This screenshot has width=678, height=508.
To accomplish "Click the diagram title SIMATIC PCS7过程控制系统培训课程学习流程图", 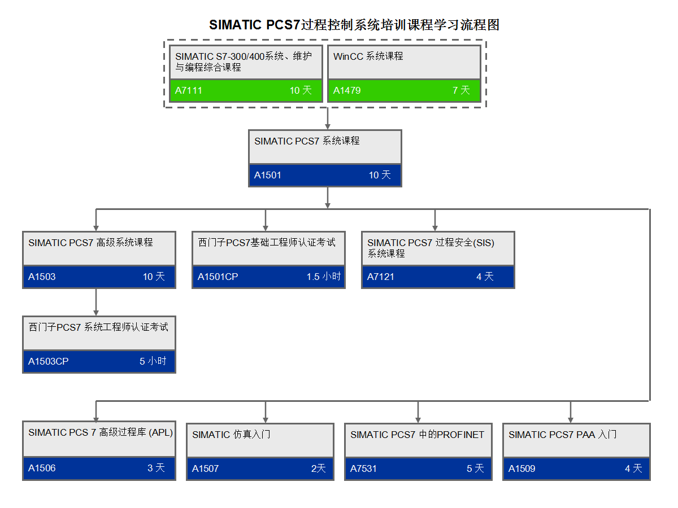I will click(x=354, y=25).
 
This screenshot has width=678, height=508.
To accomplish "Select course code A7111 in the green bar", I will click(x=189, y=90).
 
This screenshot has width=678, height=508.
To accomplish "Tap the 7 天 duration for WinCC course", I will click(x=461, y=90).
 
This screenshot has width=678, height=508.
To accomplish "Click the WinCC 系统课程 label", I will click(x=368, y=56).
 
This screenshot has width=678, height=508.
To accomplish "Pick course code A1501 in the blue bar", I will click(x=268, y=175).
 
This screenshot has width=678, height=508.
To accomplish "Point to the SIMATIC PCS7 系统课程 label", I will click(x=307, y=141).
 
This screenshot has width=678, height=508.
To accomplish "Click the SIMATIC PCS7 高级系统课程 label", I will click(x=90, y=243).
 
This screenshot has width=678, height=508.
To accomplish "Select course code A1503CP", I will click(x=49, y=361).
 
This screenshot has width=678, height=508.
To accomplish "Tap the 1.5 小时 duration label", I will click(x=324, y=277).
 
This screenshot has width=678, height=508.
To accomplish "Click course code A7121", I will click(x=381, y=277).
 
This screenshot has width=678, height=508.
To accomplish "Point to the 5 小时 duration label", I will click(x=153, y=361).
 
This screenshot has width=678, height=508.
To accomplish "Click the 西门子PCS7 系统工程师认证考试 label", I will click(x=98, y=327).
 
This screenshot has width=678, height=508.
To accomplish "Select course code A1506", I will click(x=42, y=468).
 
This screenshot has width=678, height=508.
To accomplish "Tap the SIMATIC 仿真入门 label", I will click(x=231, y=435).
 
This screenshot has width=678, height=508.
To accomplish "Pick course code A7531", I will click(x=363, y=468).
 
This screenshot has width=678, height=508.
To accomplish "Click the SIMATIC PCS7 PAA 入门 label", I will click(x=562, y=435).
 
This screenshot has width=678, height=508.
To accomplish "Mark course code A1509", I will click(x=522, y=468).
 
